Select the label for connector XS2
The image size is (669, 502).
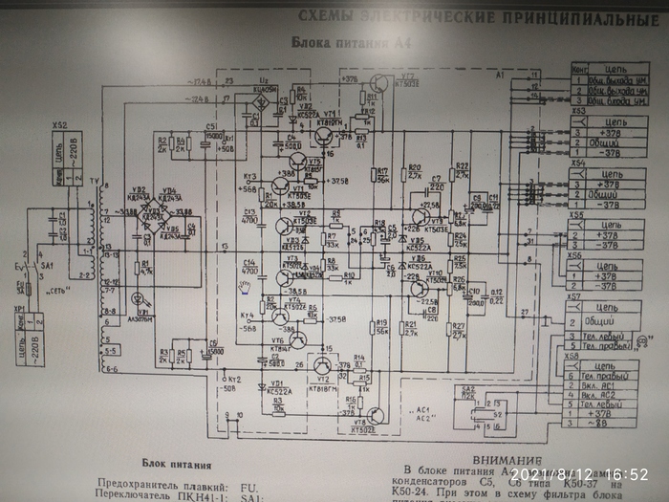click(x=58, y=125)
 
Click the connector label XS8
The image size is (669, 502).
click(x=574, y=357)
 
